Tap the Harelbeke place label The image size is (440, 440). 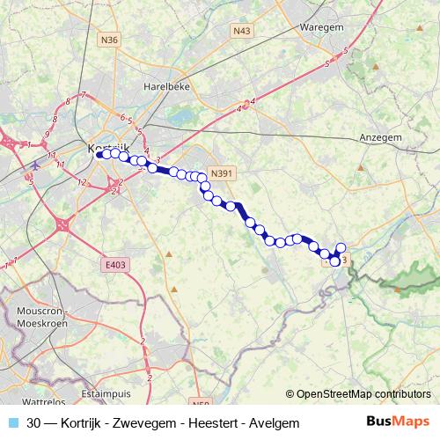pos(166,87)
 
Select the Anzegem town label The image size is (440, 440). pos(381,138)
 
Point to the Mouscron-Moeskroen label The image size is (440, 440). pos(40,318)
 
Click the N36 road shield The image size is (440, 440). pos(109,40)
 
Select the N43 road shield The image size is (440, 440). pos(242,32)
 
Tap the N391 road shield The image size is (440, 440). pos(222,173)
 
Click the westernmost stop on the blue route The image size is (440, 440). pos(104,154)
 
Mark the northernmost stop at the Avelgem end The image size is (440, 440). pos(341,247)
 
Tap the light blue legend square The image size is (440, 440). pos(13,423)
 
